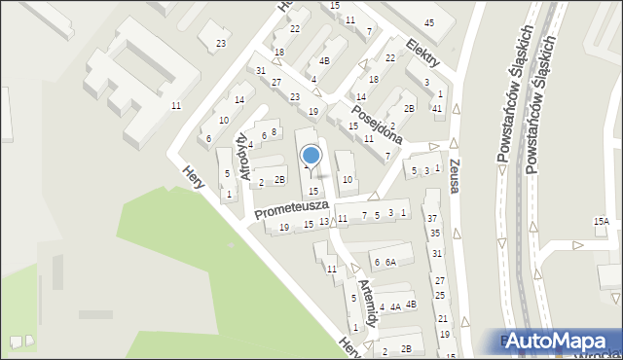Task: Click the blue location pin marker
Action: [x=311, y=157]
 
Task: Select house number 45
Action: [x=429, y=22]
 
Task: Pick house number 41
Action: [x=437, y=108]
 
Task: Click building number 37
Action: [x=432, y=219]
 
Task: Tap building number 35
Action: [x=435, y=234]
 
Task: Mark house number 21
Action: [x=443, y=319]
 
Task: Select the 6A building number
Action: [x=389, y=263]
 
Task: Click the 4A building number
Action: [x=395, y=307]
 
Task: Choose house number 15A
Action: [x=602, y=223]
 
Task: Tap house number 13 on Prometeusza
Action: [x=324, y=223]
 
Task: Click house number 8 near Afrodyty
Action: [x=274, y=132]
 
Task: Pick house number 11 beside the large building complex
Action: [x=175, y=105]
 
